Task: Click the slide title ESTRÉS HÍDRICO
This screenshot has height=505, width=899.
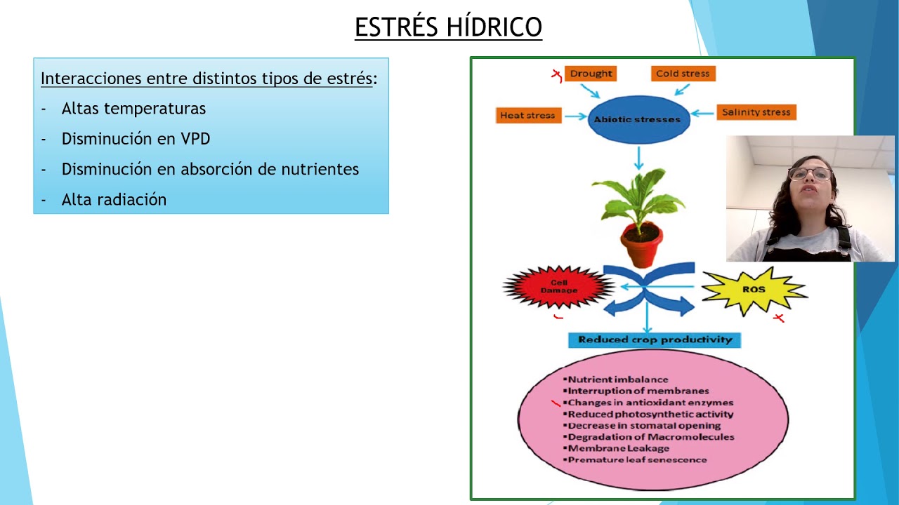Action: coord(448,27)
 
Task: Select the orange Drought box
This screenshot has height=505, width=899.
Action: coord(591,74)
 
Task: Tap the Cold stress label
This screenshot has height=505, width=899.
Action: coord(682,74)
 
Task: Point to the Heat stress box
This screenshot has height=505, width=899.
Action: coord(527,115)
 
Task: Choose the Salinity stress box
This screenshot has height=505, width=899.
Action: coord(756,112)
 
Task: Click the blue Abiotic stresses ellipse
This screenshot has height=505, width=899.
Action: coord(638,119)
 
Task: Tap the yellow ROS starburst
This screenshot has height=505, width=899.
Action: coord(753,290)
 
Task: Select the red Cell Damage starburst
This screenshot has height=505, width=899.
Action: coord(559,287)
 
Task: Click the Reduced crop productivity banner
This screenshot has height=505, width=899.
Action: coord(655,340)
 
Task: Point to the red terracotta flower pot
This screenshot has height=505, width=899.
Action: coord(641,245)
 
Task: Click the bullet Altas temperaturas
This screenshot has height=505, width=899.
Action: coord(133,109)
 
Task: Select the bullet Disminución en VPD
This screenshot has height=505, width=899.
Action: coord(136,139)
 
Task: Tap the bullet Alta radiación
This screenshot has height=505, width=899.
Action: coord(114,200)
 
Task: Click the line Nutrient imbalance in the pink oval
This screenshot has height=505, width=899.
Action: coord(617,379)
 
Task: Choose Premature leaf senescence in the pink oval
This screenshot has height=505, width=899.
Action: coord(636,459)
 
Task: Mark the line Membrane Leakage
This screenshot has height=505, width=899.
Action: coord(618,448)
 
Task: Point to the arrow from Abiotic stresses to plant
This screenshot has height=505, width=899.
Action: coord(638,158)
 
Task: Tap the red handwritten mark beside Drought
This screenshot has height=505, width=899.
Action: coord(556,74)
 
